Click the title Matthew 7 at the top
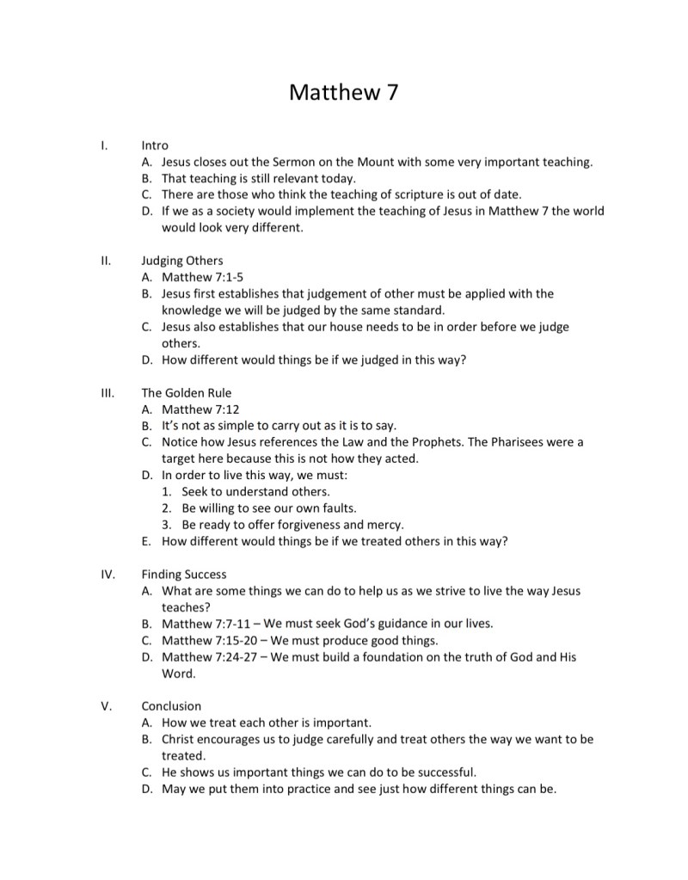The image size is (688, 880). click(x=343, y=91)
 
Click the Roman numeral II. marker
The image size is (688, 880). click(x=106, y=261)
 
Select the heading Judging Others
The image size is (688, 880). click(x=181, y=261)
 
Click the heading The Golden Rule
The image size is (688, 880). click(x=187, y=393)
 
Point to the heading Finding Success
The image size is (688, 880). click(x=184, y=574)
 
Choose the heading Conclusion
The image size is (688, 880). click(x=171, y=706)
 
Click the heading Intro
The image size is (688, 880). click(x=155, y=145)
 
